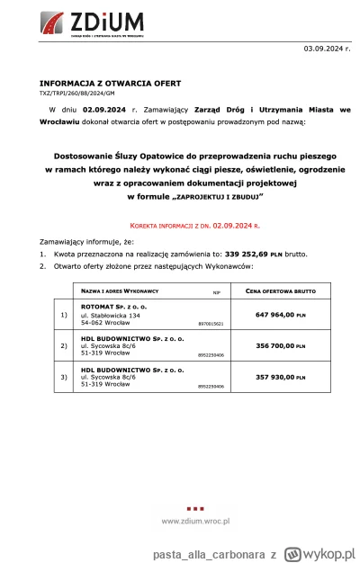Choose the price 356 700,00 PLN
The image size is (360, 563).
tap(280, 345)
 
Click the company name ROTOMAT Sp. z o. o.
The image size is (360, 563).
tap(115, 306)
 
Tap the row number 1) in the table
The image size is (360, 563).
tap(63, 316)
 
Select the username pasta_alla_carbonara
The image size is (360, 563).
tap(189, 548)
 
